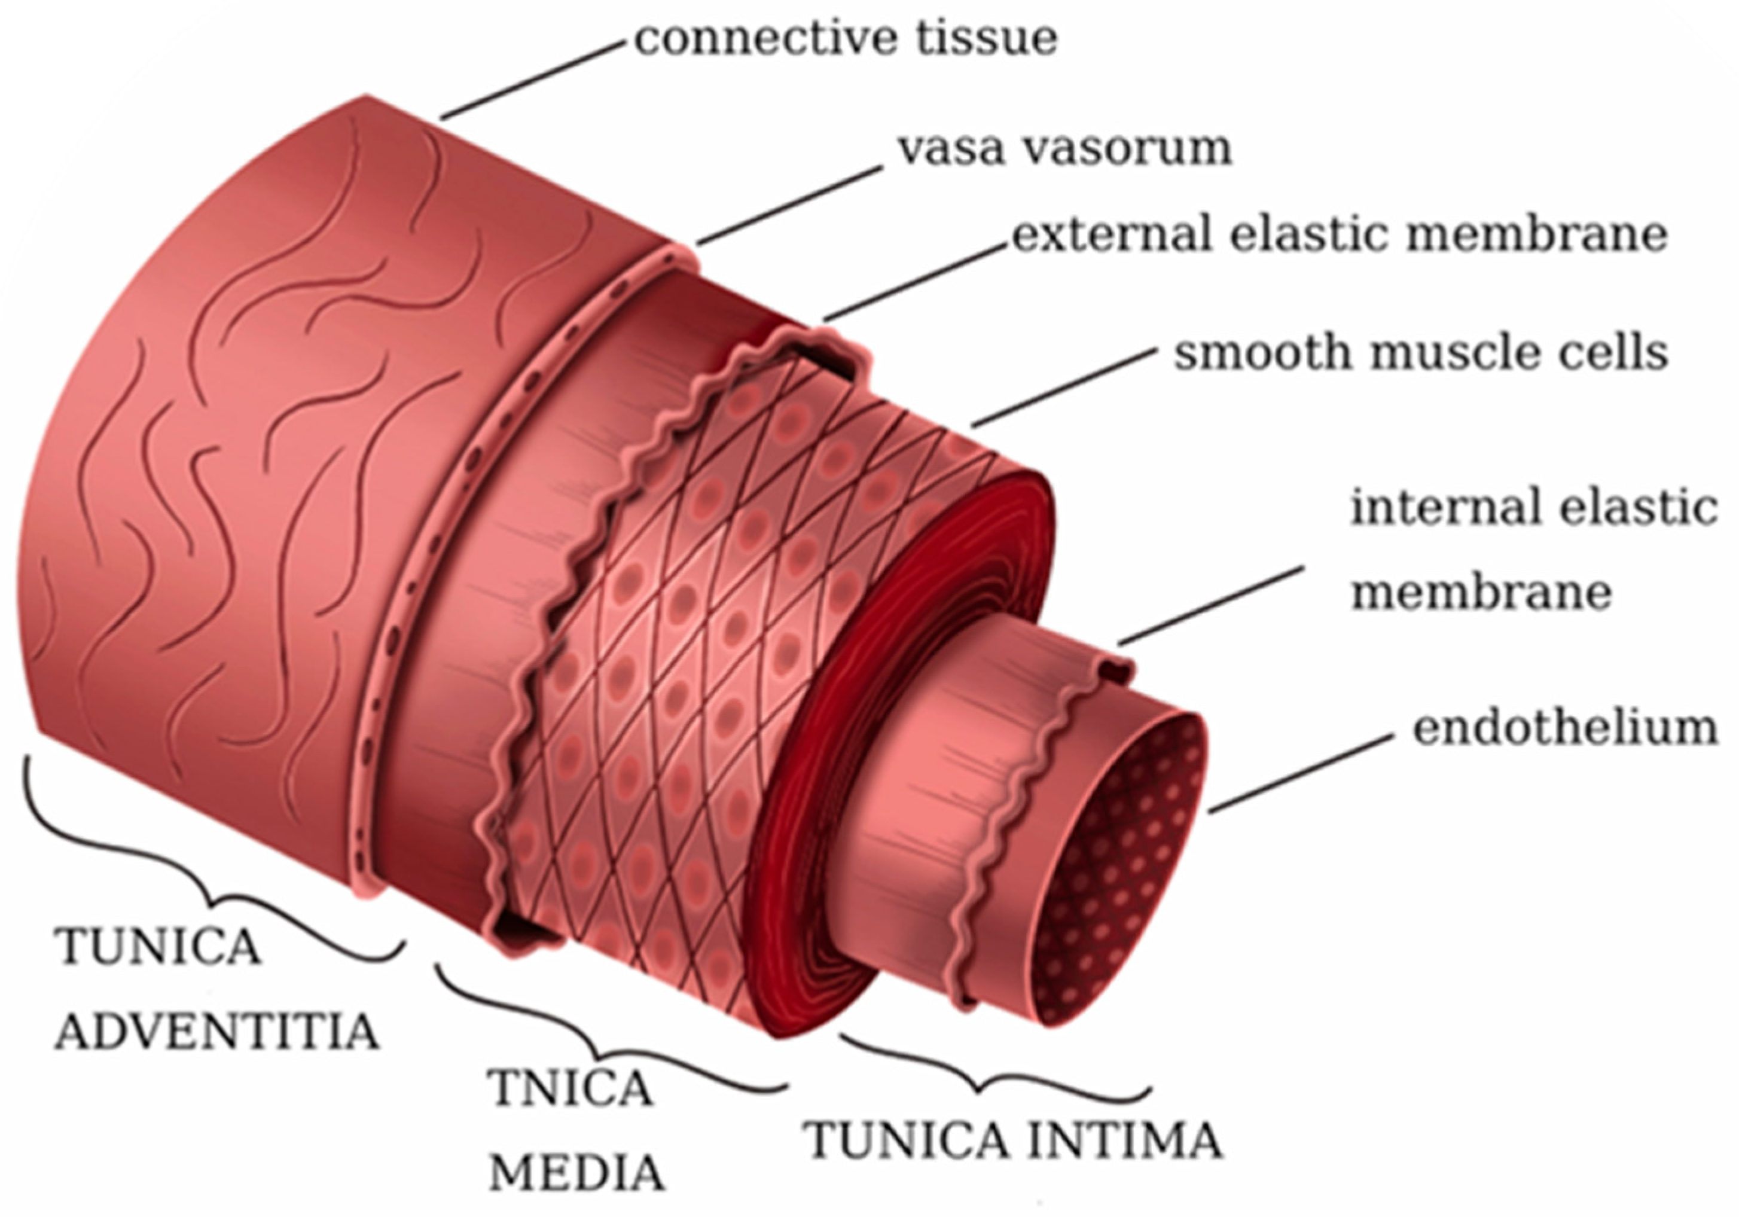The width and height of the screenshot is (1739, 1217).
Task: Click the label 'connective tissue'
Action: pyautogui.click(x=846, y=39)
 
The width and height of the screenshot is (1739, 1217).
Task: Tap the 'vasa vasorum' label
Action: pyautogui.click(x=1064, y=148)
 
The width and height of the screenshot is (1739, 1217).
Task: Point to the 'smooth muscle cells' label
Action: pyautogui.click(x=1421, y=353)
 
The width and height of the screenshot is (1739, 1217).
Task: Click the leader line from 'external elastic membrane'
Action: pyautogui.click(x=917, y=282)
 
